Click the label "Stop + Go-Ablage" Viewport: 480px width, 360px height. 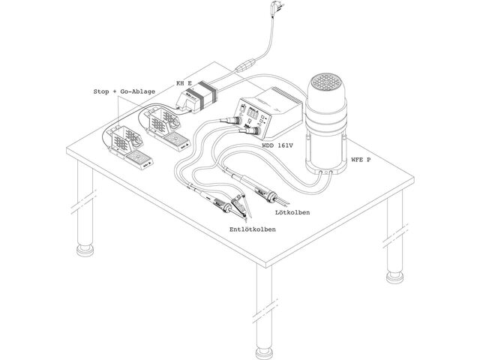pyautogui.click(x=124, y=91)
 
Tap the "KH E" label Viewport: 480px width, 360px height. pyautogui.click(x=184, y=82)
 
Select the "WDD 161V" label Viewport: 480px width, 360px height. pyautogui.click(x=277, y=145)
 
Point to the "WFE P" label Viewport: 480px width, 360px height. pyautogui.click(x=361, y=159)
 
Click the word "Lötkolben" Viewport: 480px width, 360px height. pyautogui.click(x=292, y=212)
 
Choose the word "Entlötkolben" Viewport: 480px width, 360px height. pyautogui.click(x=253, y=229)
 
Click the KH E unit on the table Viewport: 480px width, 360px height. pyautogui.click(x=196, y=97)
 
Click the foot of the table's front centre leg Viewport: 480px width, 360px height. pyautogui.click(x=263, y=353)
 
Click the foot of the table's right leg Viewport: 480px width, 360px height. pyautogui.click(x=394, y=277)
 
